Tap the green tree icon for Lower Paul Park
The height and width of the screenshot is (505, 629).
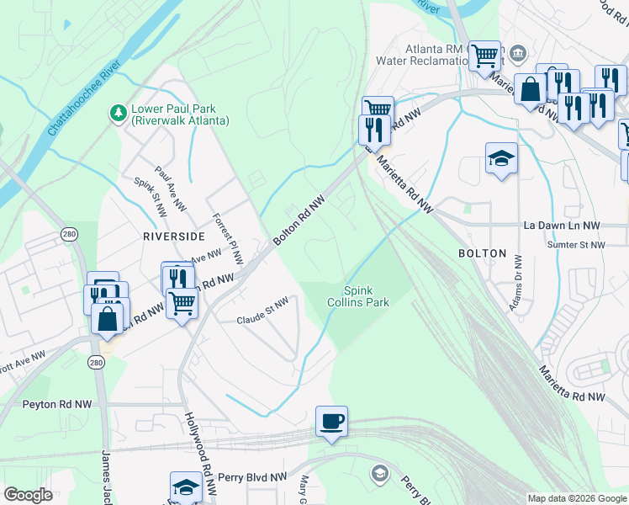coord(118,112)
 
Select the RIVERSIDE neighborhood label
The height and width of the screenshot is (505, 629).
coord(174,237)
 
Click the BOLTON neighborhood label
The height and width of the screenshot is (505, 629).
coord(482,253)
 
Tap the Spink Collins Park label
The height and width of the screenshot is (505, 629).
coord(358,295)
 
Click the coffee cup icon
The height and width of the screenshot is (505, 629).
coord(331,421)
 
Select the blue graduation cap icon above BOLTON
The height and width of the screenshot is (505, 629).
coord(501,157)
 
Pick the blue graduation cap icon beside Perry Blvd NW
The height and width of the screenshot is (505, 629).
coord(186,486)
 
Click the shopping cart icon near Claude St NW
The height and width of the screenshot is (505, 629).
coord(182,302)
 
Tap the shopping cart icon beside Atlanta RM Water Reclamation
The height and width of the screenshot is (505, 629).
coord(484,56)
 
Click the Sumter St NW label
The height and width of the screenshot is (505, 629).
coord(576,245)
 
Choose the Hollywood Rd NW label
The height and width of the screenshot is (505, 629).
coord(197,444)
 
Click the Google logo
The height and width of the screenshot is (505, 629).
coord(28,495)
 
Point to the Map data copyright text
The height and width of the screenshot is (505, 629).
coord(576,498)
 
